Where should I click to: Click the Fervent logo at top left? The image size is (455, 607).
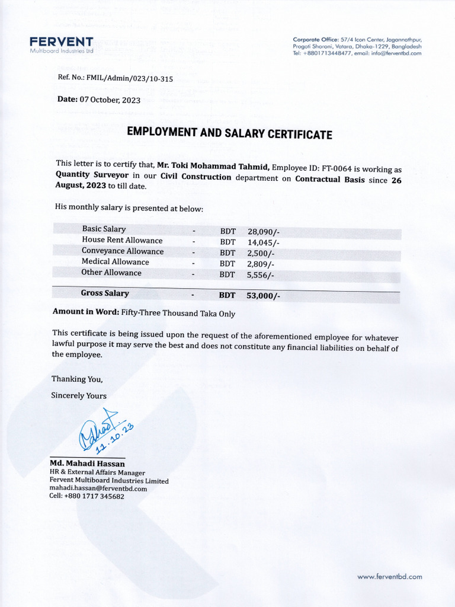(x=61, y=44)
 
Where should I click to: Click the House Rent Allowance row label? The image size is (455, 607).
(x=122, y=240)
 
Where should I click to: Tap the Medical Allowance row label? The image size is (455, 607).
(x=116, y=261)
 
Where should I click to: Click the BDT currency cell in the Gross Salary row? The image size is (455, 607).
(x=227, y=295)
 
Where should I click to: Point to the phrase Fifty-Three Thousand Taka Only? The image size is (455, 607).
(x=178, y=314)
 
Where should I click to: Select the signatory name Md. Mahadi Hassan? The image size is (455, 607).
(x=87, y=463)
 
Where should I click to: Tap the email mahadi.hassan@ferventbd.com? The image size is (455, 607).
(x=98, y=488)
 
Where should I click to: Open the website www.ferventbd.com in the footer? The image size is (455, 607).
(x=390, y=576)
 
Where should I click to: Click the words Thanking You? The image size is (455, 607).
(x=77, y=379)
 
